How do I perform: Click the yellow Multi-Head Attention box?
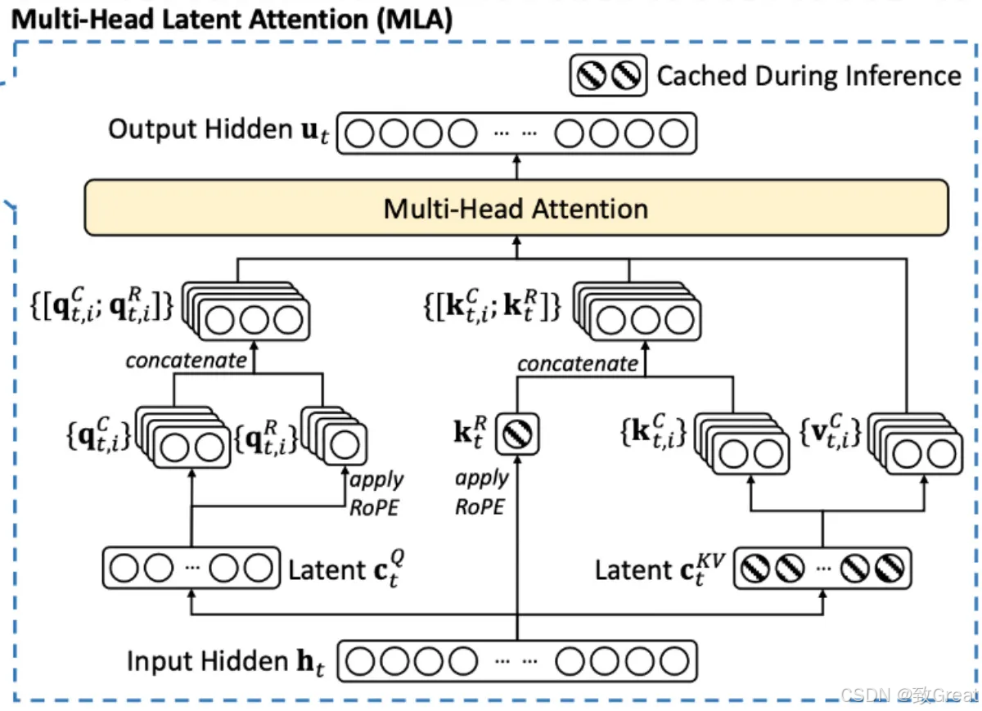(x=516, y=208)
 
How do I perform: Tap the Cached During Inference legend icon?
(x=608, y=76)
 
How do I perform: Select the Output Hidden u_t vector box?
(x=516, y=133)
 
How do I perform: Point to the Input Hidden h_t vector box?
(x=516, y=660)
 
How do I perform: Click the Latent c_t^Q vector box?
(x=190, y=568)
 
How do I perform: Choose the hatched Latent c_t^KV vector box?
(x=822, y=568)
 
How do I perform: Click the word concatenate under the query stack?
(x=186, y=360)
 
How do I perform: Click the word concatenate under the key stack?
(x=577, y=363)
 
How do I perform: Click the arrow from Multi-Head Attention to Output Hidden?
(x=516, y=167)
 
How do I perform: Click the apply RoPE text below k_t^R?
(x=482, y=493)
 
